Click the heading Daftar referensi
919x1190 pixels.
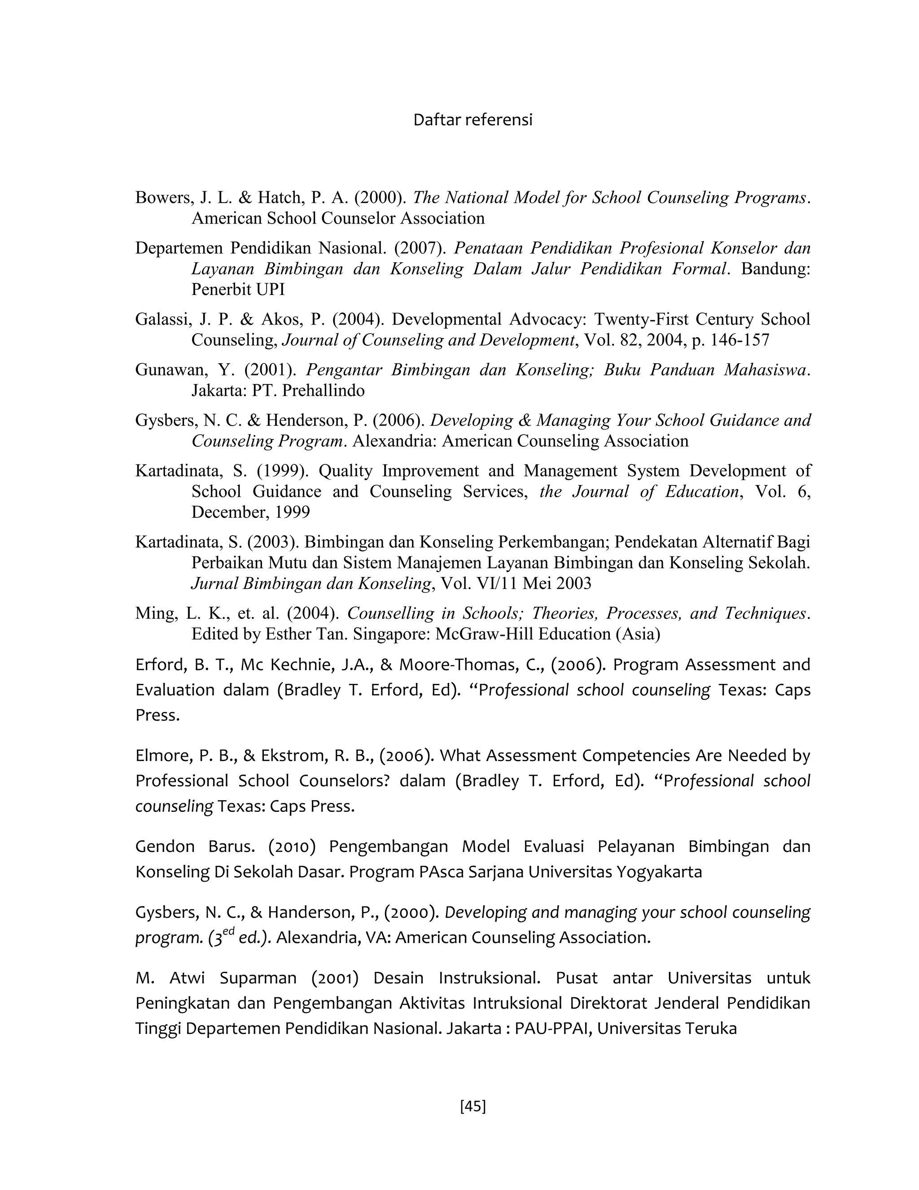(473, 120)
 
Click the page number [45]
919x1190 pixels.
(473, 1106)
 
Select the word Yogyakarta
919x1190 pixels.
(659, 872)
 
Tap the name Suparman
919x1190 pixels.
(258, 978)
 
